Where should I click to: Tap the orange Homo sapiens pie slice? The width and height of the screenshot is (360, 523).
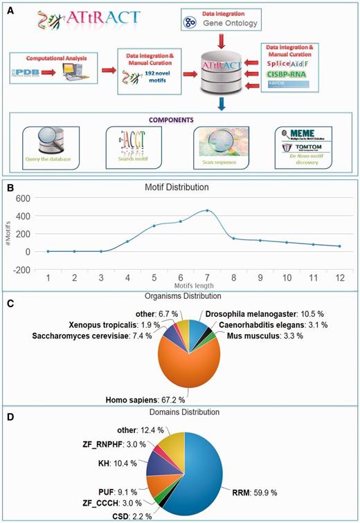point(183,363)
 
